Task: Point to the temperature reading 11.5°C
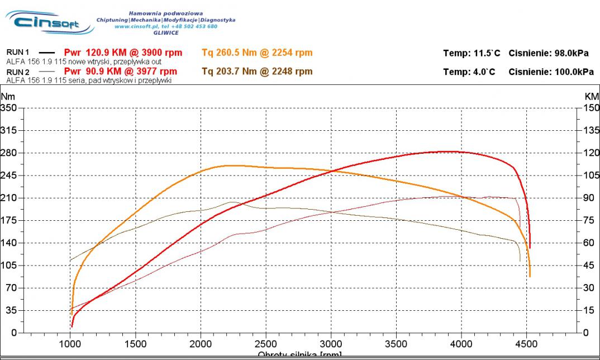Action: pos(481,54)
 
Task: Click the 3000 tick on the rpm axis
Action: pos(331,344)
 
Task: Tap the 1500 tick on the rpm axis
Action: pos(135,344)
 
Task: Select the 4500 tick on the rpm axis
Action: pos(527,344)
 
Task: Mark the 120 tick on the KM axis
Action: pos(591,153)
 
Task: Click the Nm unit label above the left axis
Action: pos(7,97)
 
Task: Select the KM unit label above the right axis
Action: pos(592,97)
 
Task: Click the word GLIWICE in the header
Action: pos(165,32)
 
